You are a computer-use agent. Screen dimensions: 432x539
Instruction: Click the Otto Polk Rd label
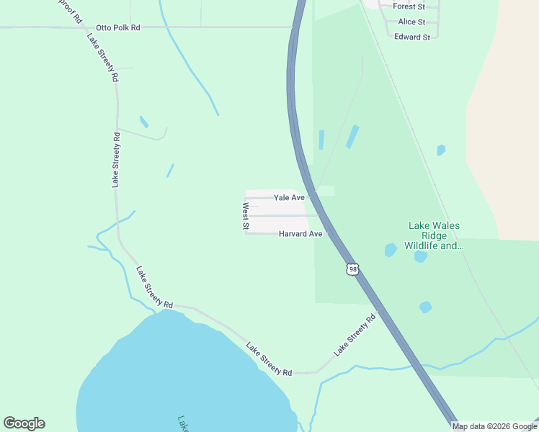click(118, 27)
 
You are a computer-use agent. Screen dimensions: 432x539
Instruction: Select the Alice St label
click(411, 22)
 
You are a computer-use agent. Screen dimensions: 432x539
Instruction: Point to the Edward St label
click(412, 37)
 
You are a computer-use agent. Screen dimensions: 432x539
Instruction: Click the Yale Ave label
click(289, 197)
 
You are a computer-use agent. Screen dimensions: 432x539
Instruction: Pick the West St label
click(246, 217)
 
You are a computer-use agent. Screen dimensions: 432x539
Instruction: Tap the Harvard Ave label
click(300, 234)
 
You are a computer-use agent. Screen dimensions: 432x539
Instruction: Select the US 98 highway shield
click(352, 269)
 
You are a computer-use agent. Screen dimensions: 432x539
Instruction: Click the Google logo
click(24, 423)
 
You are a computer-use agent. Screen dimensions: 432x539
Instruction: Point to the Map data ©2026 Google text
click(494, 426)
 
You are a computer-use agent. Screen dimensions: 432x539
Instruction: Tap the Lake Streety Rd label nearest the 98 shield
click(355, 335)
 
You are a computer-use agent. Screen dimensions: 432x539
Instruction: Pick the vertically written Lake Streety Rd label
click(115, 160)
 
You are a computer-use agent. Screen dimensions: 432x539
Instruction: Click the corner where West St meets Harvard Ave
click(246, 233)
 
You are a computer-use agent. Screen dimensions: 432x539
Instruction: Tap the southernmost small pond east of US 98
click(426, 307)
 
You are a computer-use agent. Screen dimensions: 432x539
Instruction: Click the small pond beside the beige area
click(441, 150)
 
